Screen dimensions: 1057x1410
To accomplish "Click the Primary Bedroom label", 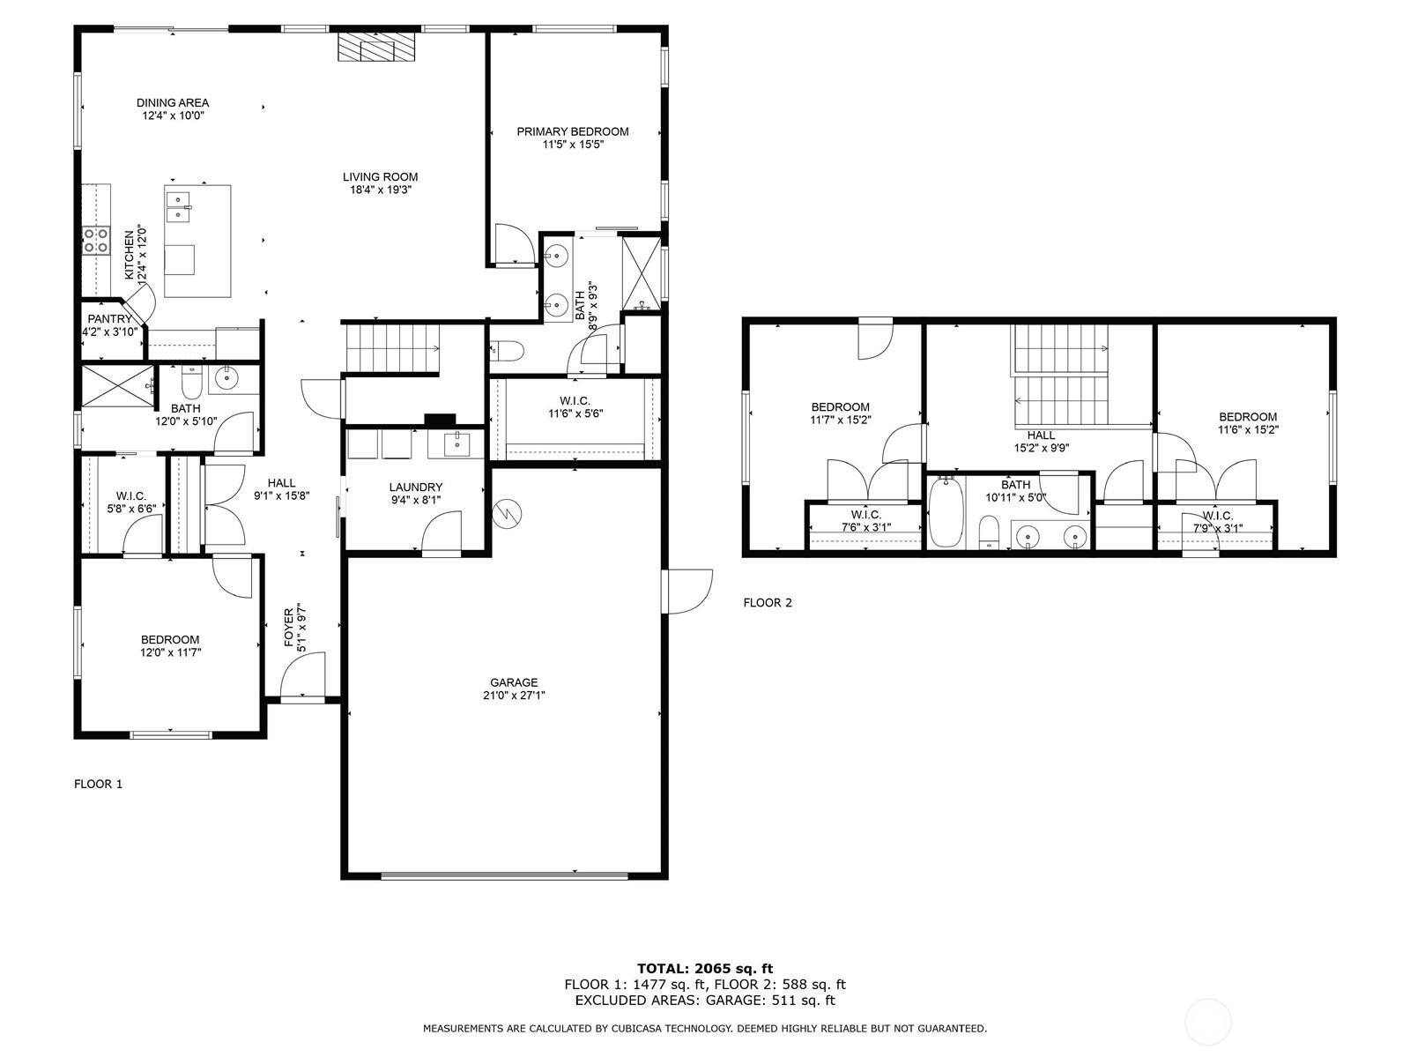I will point(572,131).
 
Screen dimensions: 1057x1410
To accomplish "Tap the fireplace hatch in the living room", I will point(376,48).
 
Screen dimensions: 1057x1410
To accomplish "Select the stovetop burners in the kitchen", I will point(96,240).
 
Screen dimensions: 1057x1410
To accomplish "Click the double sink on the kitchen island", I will point(180,205).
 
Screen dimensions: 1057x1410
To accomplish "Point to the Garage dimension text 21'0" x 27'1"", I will point(514,695).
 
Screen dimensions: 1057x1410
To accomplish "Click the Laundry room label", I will point(415,487).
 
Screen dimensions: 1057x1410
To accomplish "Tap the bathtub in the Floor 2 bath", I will point(945,511).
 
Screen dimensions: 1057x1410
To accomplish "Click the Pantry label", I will point(109,319).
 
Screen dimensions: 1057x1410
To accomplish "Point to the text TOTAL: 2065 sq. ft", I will point(704,968).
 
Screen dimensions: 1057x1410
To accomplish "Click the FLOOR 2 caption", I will point(768,603).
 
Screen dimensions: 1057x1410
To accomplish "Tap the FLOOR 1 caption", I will point(98,784).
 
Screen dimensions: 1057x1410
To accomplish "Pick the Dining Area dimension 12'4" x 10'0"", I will point(173,115).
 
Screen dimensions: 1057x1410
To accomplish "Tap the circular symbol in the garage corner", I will point(508,513).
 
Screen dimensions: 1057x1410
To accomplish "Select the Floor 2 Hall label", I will point(1041,435).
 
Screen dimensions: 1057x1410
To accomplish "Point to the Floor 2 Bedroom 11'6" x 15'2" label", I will point(1247,417).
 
